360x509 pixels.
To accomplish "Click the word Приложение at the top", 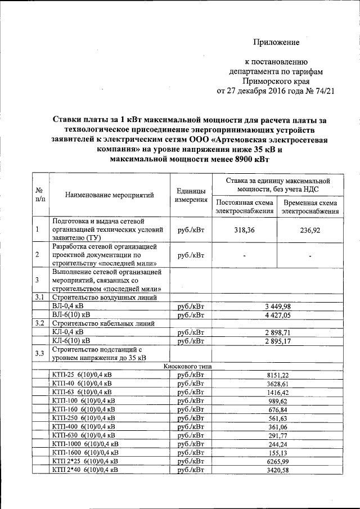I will coord(276,42).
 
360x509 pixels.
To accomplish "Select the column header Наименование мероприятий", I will coord(109,195).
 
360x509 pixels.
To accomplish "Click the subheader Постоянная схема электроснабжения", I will coord(245,206).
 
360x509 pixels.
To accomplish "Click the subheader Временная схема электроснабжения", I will coord(310,207).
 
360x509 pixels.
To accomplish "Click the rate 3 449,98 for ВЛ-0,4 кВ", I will coord(277,306).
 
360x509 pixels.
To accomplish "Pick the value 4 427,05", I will coord(277,315).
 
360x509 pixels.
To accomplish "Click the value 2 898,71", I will coord(277,332).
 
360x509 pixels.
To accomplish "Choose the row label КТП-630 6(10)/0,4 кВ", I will coord(83,435).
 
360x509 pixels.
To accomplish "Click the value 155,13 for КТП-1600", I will coord(277,452).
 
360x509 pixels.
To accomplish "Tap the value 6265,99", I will coord(277,461).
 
